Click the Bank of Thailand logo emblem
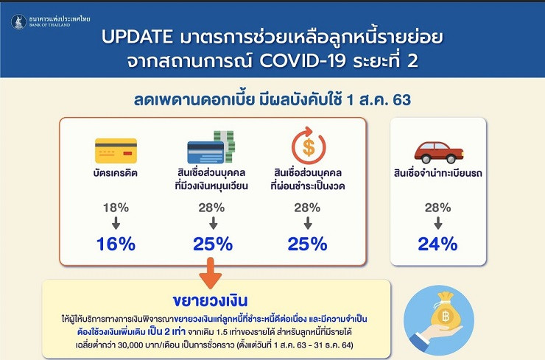(x=18, y=22)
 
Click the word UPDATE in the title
(x=137, y=37)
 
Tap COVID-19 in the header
(x=303, y=61)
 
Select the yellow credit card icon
(x=116, y=151)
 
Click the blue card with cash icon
(x=211, y=147)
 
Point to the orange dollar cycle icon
(x=309, y=146)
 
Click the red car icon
(x=439, y=152)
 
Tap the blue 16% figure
(x=116, y=244)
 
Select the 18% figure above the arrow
(x=116, y=208)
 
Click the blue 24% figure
(x=437, y=244)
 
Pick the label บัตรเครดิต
(x=116, y=173)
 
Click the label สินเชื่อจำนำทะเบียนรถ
(x=438, y=173)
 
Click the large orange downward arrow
(x=211, y=273)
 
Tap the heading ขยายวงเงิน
(x=211, y=301)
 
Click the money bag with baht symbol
(x=445, y=311)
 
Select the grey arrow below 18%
(x=116, y=223)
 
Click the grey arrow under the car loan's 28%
(x=438, y=223)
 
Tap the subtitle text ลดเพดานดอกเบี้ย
(x=194, y=100)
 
